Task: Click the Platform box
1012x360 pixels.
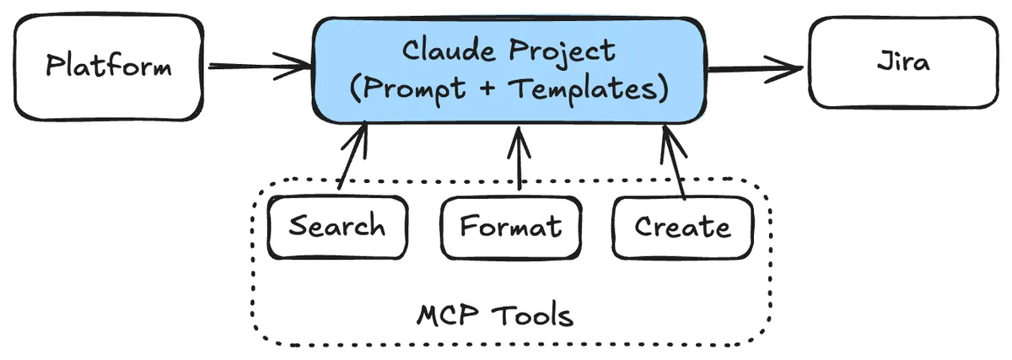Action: pyautogui.click(x=108, y=66)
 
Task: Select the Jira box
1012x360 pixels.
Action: pyautogui.click(x=903, y=63)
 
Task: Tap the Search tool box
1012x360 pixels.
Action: pyautogui.click(x=337, y=227)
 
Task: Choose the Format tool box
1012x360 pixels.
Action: pyautogui.click(x=510, y=227)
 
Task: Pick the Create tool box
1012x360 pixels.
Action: pyautogui.click(x=682, y=227)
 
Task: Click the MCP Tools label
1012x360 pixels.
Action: pyautogui.click(x=495, y=316)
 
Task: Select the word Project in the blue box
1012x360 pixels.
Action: pyautogui.click(x=560, y=52)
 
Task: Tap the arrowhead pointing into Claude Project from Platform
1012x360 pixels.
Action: pyautogui.click(x=299, y=64)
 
